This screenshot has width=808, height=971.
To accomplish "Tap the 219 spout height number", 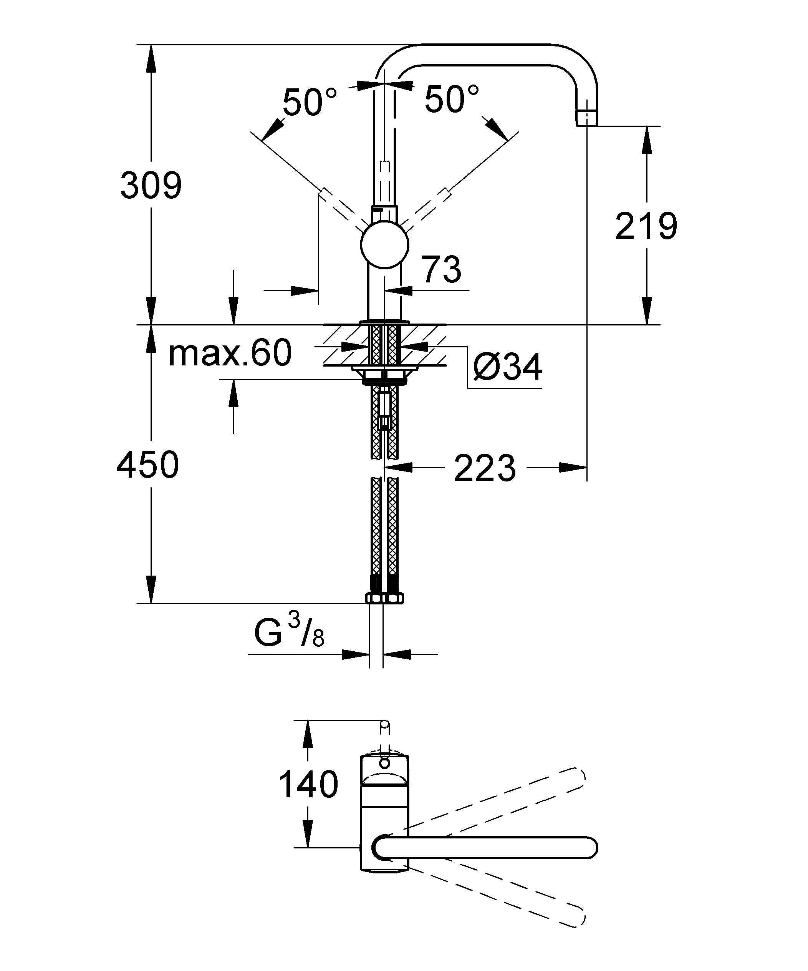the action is tap(646, 226).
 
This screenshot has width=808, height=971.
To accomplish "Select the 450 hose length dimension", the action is tap(147, 465).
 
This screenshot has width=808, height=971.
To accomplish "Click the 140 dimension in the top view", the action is tap(308, 785).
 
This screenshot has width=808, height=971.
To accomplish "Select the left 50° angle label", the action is tap(310, 102).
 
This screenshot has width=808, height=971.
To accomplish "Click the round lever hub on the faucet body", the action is tap(384, 244).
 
